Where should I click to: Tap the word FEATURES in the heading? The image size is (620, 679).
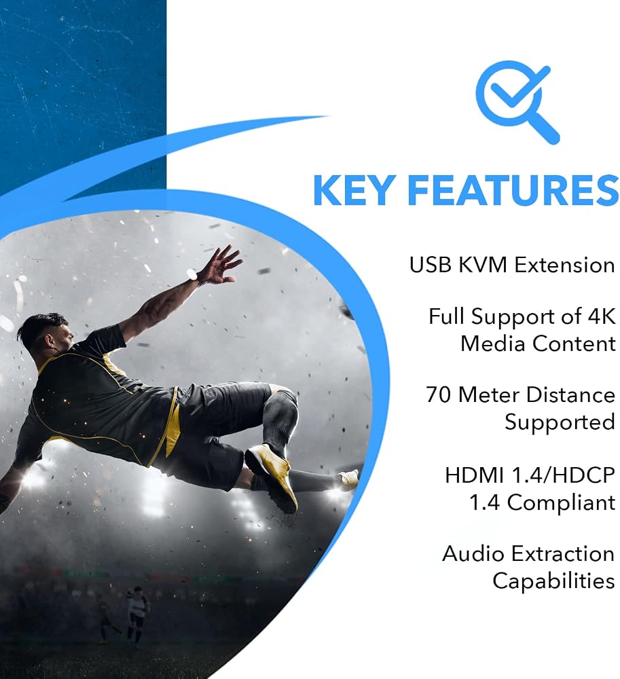click(513, 191)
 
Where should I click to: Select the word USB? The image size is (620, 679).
click(430, 265)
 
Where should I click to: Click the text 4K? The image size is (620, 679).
click(602, 316)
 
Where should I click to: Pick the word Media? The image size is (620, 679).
click(493, 344)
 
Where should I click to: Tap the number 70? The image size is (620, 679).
click(439, 395)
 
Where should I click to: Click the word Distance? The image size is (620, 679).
click(570, 395)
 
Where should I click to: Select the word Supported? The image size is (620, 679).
click(560, 422)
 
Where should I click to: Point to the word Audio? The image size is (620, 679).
click(469, 554)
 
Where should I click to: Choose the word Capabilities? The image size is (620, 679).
click(553, 581)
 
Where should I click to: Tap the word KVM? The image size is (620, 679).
click(482, 265)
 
